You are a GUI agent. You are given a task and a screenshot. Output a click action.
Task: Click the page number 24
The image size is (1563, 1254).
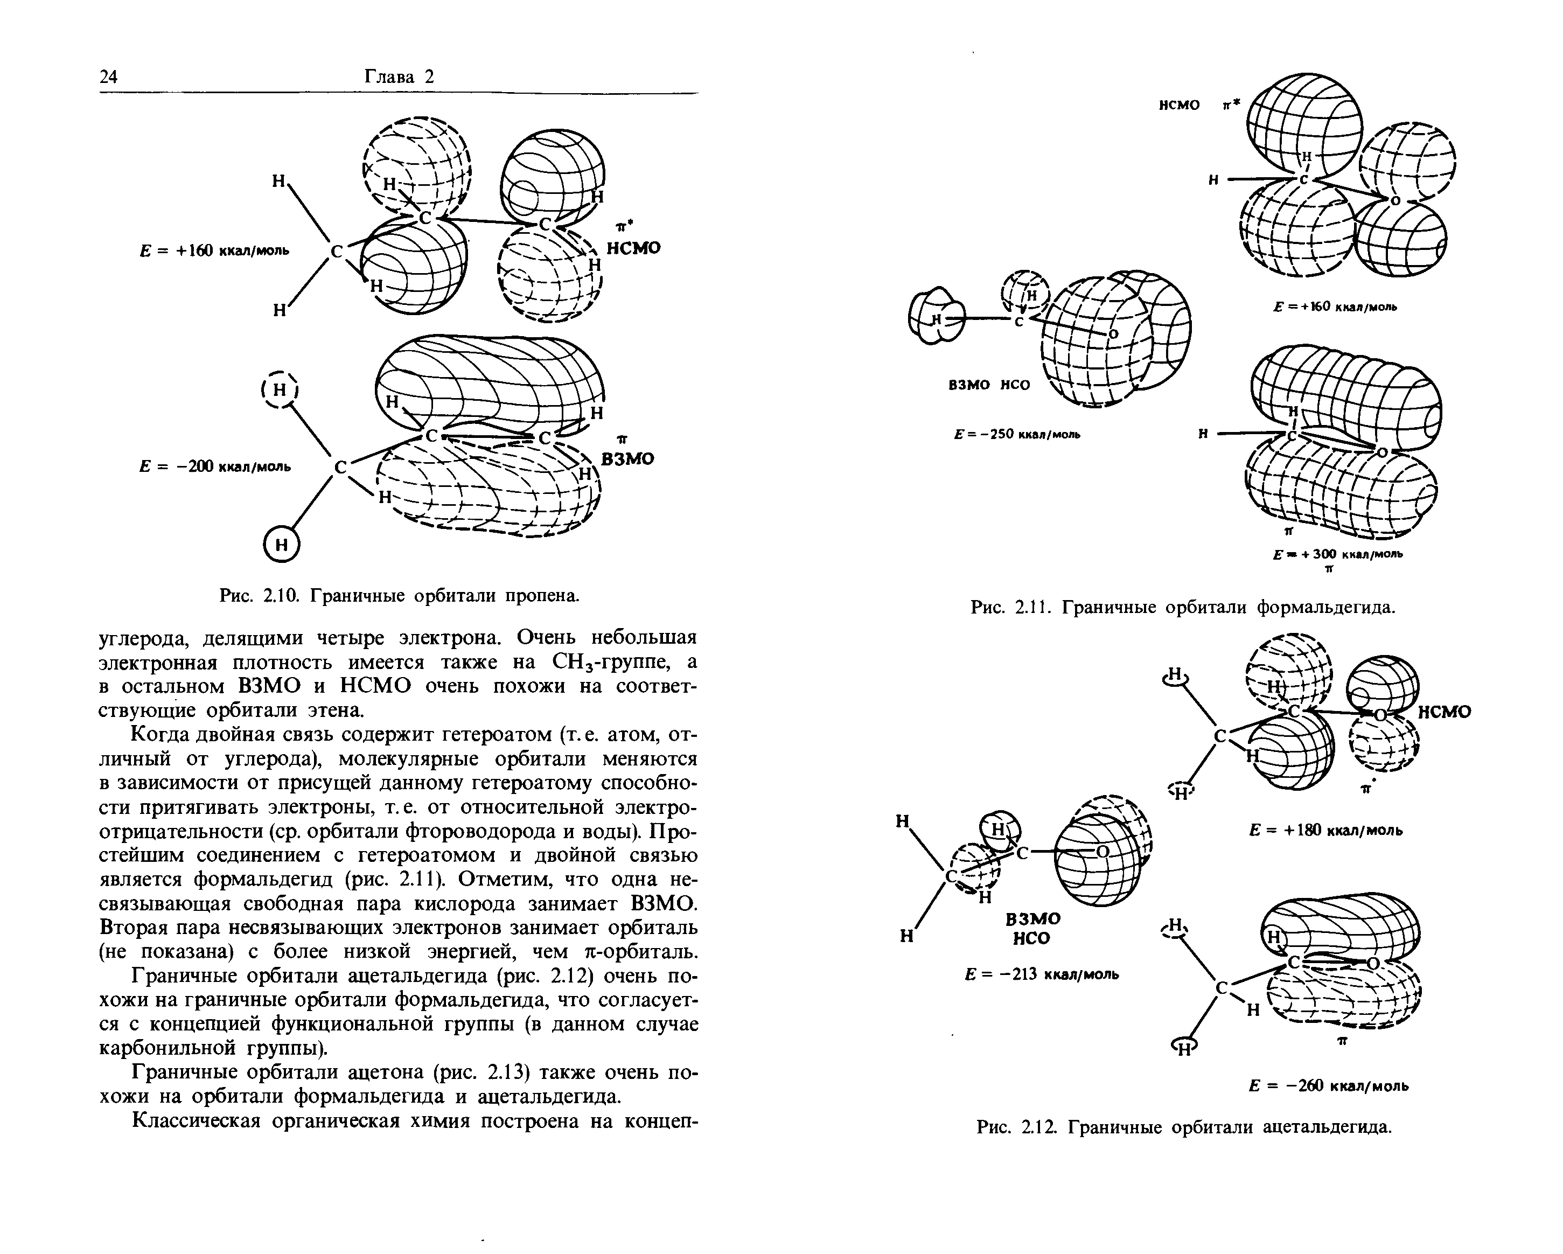(108, 78)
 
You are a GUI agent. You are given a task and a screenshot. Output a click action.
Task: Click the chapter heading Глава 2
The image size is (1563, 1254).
(398, 78)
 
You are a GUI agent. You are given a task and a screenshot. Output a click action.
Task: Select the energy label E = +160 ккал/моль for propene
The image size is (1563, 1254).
(214, 251)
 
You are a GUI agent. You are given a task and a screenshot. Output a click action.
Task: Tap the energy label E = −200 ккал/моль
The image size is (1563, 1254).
(214, 466)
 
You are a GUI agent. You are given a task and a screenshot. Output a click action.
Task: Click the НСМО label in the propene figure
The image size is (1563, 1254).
(633, 248)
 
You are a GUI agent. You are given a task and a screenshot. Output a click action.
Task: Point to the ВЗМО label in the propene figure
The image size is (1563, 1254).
(628, 459)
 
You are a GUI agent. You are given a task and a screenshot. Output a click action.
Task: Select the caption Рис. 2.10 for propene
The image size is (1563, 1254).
(400, 595)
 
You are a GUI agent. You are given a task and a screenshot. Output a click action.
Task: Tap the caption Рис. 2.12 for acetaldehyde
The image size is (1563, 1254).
(1184, 1127)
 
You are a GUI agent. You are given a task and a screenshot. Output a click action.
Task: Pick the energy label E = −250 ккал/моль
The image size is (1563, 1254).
(1017, 434)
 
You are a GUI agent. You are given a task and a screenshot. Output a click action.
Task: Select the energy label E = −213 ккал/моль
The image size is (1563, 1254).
(1042, 974)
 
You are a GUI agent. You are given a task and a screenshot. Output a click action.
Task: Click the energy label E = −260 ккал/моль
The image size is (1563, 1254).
(1329, 1086)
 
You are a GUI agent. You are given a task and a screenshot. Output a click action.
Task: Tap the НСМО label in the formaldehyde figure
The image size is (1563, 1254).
(1179, 106)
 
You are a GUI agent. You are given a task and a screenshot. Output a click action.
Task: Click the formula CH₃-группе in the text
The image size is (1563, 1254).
(614, 662)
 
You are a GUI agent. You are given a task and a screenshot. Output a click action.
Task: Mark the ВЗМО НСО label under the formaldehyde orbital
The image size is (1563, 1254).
(989, 385)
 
